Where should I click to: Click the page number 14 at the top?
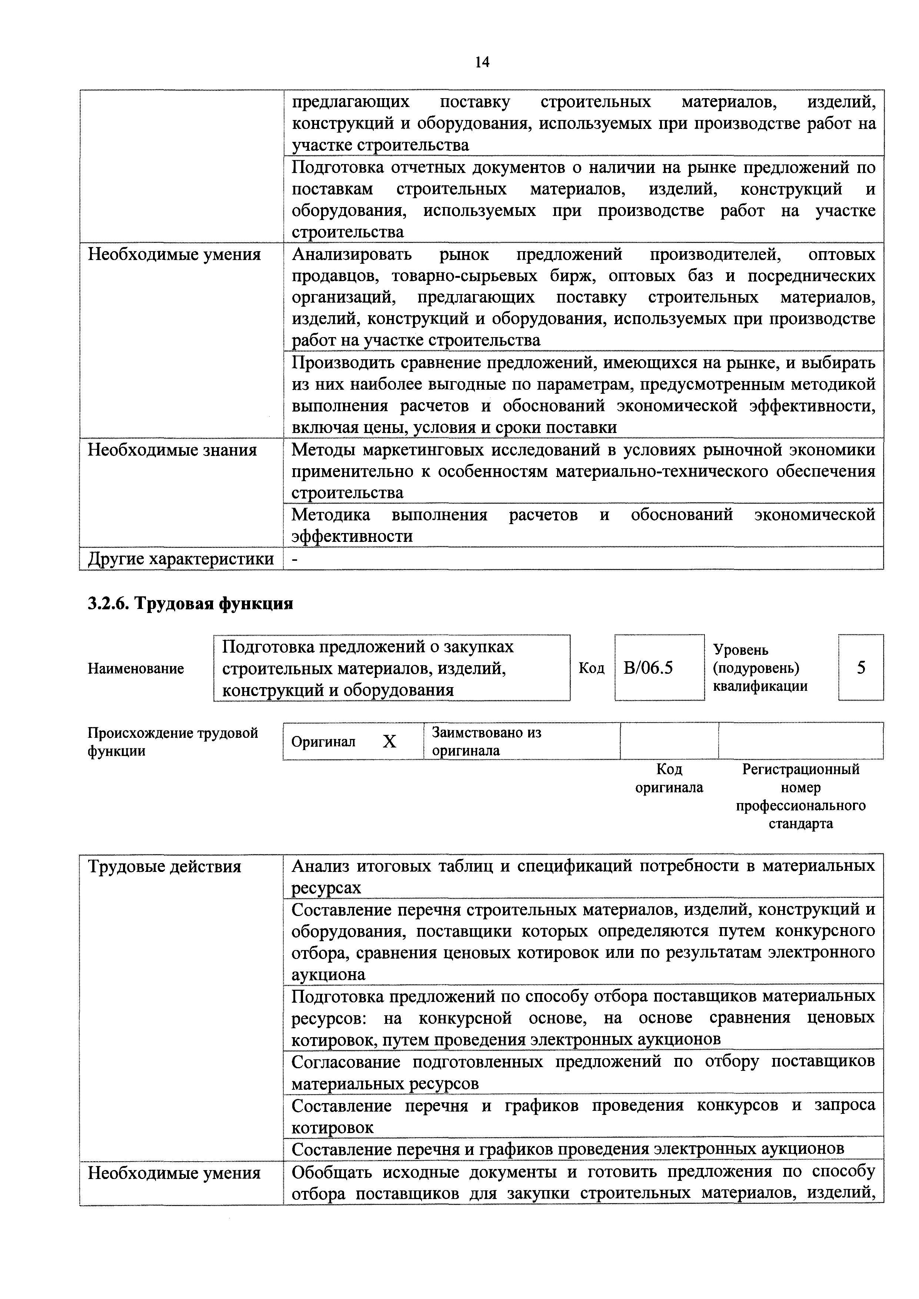tap(482, 61)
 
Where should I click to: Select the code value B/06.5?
tap(648, 668)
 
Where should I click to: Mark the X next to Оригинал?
tap(389, 742)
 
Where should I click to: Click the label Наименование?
tap(136, 669)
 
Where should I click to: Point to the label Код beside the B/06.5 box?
tap(591, 669)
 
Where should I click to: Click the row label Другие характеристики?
tap(180, 559)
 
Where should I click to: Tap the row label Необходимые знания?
tap(173, 450)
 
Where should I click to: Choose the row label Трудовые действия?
tap(165, 867)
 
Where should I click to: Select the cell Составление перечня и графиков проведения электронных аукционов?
tap(567, 1149)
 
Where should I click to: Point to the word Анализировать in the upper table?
tap(352, 254)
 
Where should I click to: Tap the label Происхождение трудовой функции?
tap(173, 742)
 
